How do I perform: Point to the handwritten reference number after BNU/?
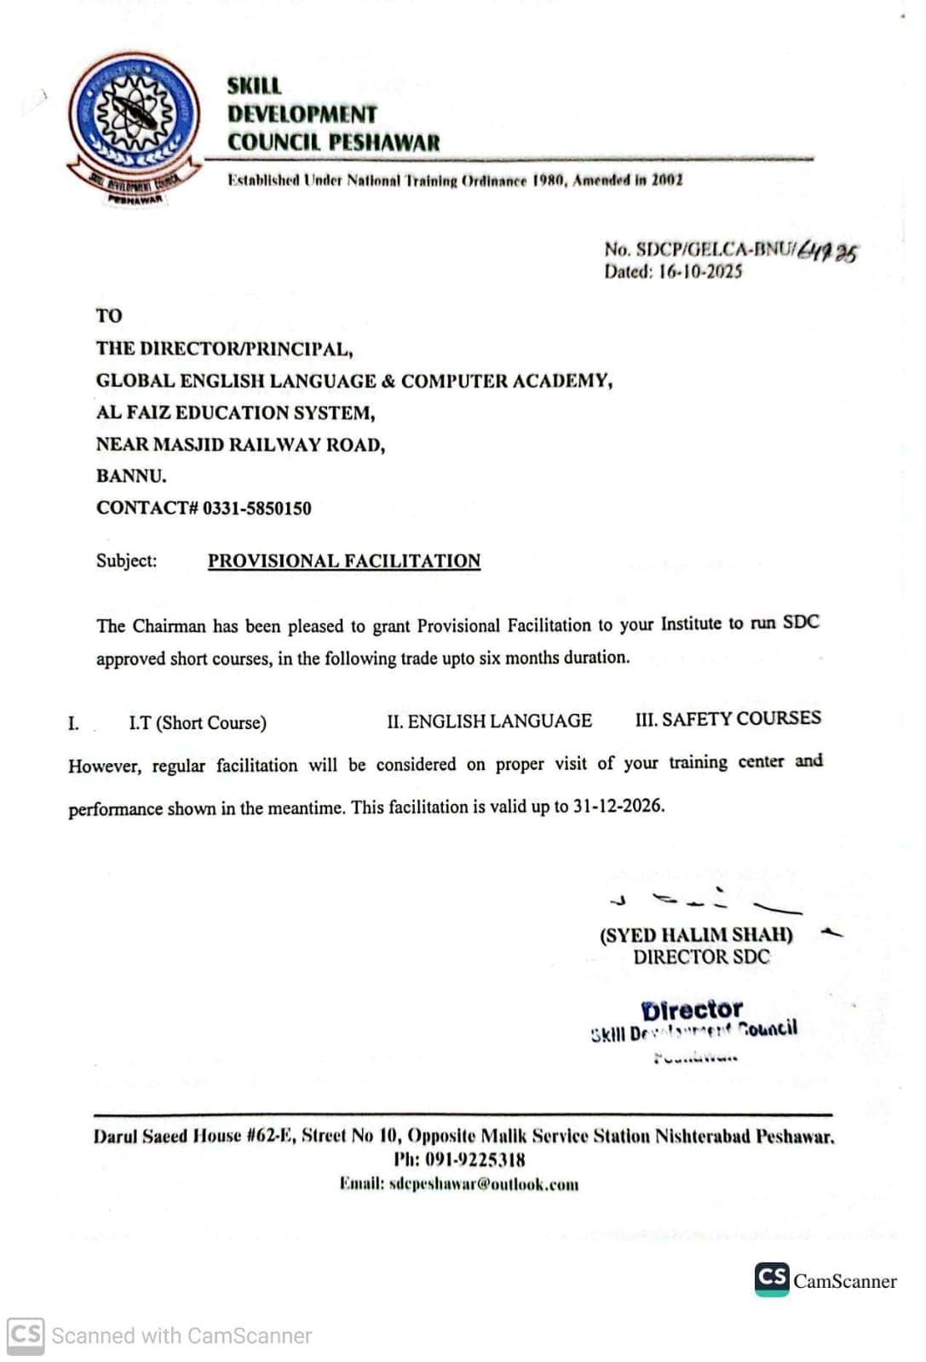click(827, 252)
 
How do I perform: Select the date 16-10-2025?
click(700, 272)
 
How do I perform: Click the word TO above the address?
click(109, 316)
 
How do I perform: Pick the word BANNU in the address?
click(130, 476)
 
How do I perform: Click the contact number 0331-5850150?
click(256, 509)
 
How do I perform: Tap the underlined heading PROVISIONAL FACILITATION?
click(344, 561)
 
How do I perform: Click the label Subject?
click(126, 561)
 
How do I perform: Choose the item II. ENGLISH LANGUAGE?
click(489, 721)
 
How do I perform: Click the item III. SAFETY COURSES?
click(728, 718)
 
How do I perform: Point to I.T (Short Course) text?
click(198, 723)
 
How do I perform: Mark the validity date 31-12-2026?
click(618, 806)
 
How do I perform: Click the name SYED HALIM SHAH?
click(696, 934)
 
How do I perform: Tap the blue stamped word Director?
click(692, 1010)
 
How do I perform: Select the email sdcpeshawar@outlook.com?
click(483, 1185)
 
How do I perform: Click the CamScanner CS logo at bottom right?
click(772, 1279)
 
